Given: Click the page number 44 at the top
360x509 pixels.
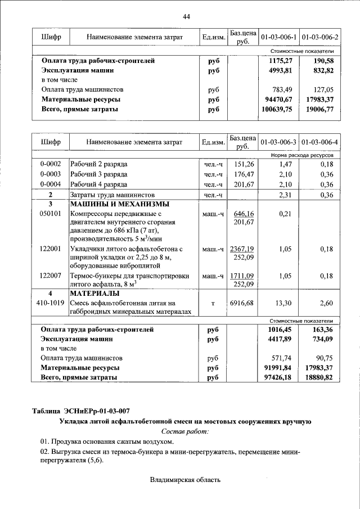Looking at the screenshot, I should [186, 17].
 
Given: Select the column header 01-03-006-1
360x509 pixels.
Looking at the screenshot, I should [278, 37].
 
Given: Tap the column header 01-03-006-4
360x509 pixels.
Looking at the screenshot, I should [319, 142].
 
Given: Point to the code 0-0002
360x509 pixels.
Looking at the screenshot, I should [50, 164].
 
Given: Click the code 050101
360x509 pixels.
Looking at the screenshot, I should [50, 214].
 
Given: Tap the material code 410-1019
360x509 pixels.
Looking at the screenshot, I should [50, 303].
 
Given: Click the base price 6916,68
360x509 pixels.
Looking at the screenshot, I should [242, 303].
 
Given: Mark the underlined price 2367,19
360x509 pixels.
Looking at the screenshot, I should [242, 249].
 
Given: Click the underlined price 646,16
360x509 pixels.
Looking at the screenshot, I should [243, 214].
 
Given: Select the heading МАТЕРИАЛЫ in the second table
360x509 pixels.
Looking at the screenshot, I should [94, 294].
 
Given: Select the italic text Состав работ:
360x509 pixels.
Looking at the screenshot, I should [184, 431].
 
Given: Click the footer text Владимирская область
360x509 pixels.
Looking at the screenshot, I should [186, 480].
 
